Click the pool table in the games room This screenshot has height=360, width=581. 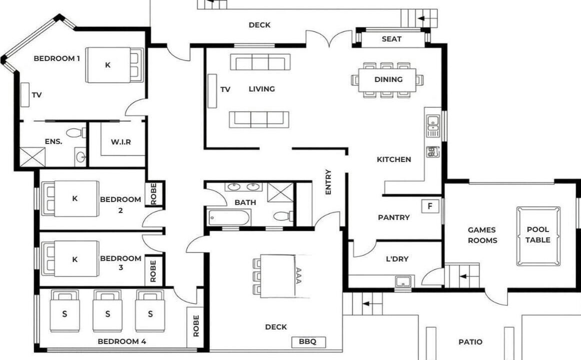pyautogui.click(x=538, y=236)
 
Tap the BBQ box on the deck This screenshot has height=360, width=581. pyautogui.click(x=308, y=342)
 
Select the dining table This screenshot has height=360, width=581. pyautogui.click(x=387, y=80)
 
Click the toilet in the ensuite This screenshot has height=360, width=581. pyautogui.click(x=76, y=132)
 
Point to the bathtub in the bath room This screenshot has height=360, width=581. pyautogui.click(x=229, y=217)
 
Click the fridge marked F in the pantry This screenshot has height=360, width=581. pyautogui.click(x=430, y=206)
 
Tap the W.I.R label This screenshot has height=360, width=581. pyautogui.click(x=121, y=142)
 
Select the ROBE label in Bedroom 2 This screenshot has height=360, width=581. pyautogui.click(x=154, y=193)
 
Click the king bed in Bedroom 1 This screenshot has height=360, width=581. pyautogui.click(x=114, y=65)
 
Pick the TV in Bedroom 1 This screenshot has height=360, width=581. pyautogui.click(x=24, y=95)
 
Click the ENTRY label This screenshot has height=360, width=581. pyautogui.click(x=328, y=182)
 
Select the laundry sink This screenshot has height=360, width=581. pyautogui.click(x=403, y=282)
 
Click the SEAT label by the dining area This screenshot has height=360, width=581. pyautogui.click(x=391, y=39)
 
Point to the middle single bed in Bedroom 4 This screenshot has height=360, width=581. pyautogui.click(x=107, y=310)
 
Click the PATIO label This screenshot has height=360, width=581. pyautogui.click(x=470, y=342)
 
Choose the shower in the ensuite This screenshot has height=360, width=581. pyautogui.click(x=32, y=157)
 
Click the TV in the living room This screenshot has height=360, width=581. pyautogui.click(x=212, y=91)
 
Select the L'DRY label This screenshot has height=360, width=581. pyautogui.click(x=397, y=259)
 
